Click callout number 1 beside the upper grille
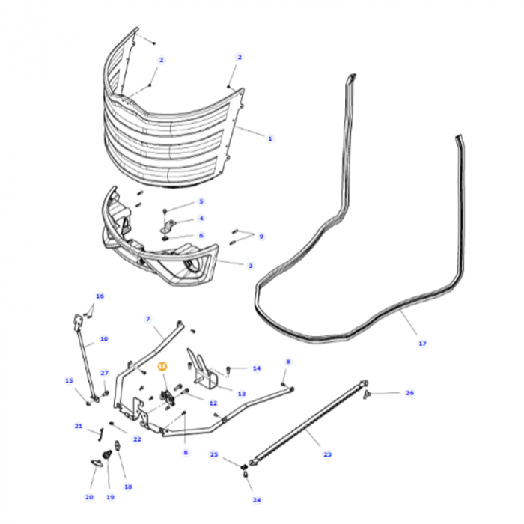click(x=269, y=138)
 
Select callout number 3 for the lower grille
click(x=250, y=265)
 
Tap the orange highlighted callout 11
click(x=162, y=366)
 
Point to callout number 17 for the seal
click(x=422, y=343)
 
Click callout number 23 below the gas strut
click(x=327, y=454)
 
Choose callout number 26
click(x=409, y=392)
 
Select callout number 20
click(x=89, y=497)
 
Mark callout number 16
click(x=100, y=296)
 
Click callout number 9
click(x=261, y=237)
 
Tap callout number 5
click(x=201, y=201)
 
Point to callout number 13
click(x=241, y=393)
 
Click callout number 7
click(x=148, y=319)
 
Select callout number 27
click(x=104, y=373)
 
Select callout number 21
click(x=78, y=426)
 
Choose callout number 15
click(x=69, y=380)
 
